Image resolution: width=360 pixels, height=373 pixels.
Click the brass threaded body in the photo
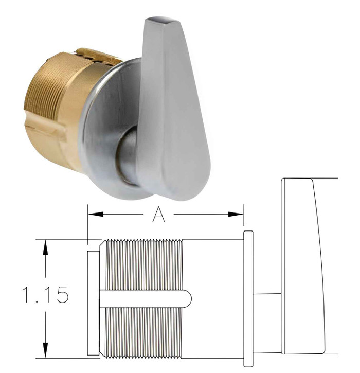49,98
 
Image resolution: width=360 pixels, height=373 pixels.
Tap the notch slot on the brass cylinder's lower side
49,126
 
